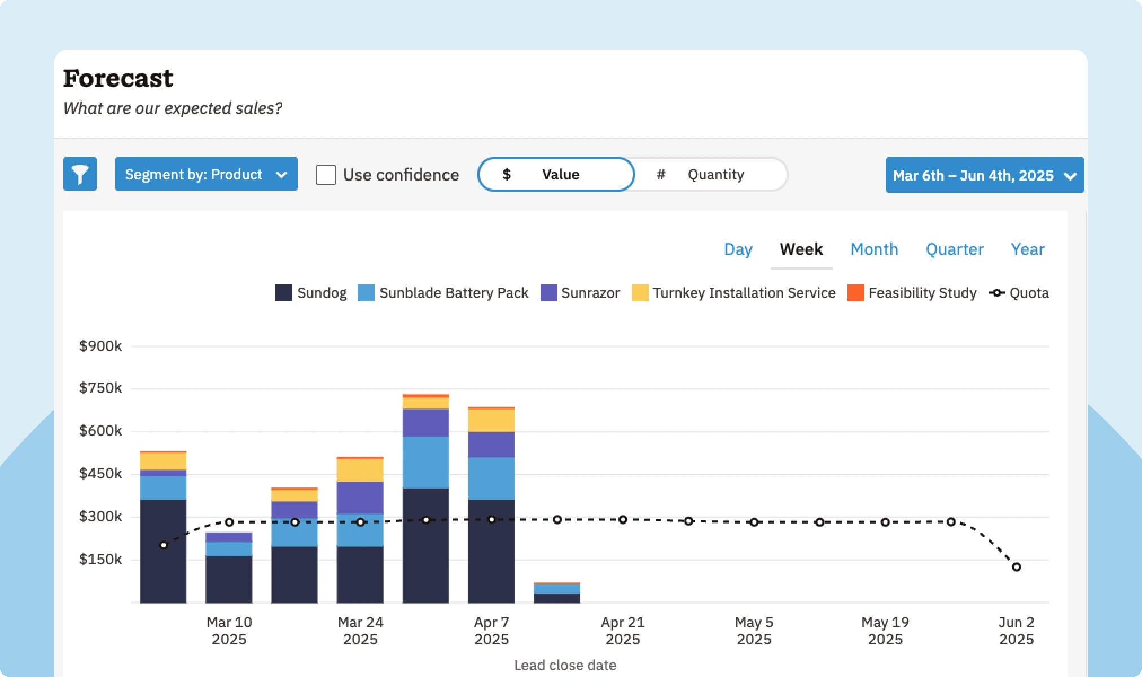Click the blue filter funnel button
(80, 174)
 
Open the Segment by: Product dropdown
(206, 174)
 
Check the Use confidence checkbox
(326, 175)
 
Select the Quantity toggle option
(714, 174)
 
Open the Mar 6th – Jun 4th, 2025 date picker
(985, 175)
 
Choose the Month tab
(874, 249)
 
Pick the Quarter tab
(954, 249)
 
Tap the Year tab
(1027, 249)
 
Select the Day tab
(738, 249)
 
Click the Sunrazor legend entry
(581, 293)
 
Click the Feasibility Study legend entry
(912, 293)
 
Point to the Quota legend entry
(1019, 293)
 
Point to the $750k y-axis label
(100, 388)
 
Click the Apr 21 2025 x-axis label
(622, 631)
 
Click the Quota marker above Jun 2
(1016, 567)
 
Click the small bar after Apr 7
(557, 593)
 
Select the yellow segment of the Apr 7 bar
(491, 420)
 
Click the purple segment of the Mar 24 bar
(360, 498)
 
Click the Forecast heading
(118, 78)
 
